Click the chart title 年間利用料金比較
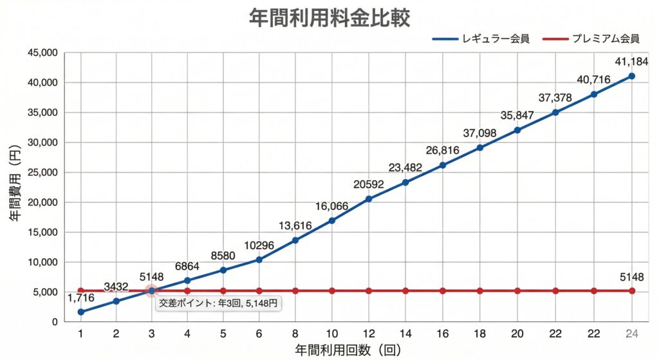(329, 17)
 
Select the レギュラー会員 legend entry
(481, 39)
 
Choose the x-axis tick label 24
(631, 334)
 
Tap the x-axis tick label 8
(295, 334)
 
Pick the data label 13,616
(295, 226)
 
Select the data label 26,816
(443, 151)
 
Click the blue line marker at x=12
(369, 199)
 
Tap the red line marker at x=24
(631, 291)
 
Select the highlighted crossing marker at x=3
(151, 291)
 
